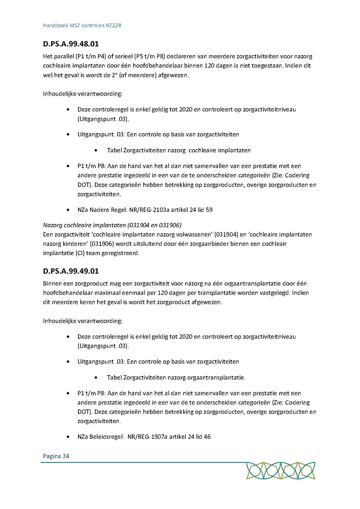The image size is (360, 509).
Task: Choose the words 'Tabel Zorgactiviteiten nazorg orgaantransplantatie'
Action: (x=175, y=377)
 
